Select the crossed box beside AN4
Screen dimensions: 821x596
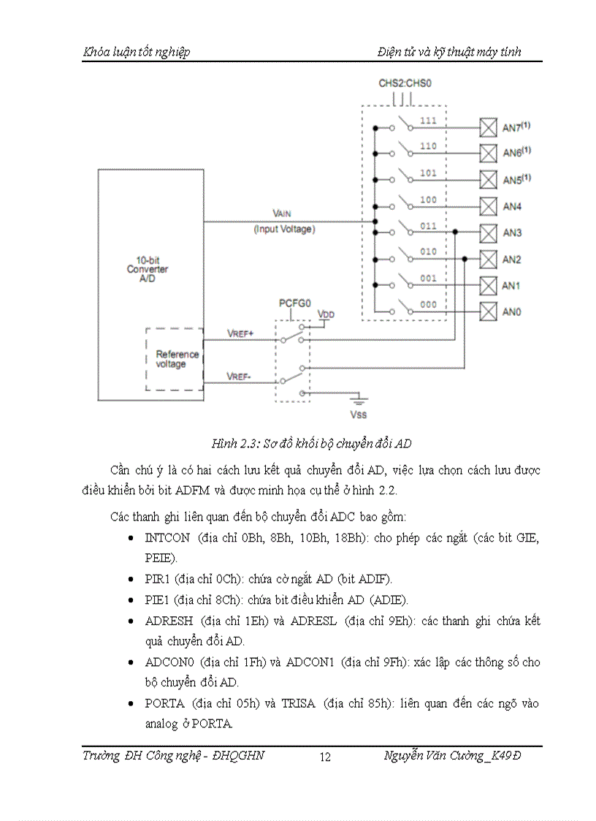[486, 205]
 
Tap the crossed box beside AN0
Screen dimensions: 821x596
[486, 311]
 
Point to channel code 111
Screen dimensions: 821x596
[428, 120]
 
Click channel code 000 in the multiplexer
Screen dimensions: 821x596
[428, 305]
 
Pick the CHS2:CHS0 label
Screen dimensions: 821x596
[405, 83]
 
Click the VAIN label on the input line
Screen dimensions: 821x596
[283, 213]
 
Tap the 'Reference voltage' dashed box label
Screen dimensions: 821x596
[177, 359]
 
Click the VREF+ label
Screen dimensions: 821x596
[240, 333]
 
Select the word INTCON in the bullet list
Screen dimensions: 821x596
[167, 537]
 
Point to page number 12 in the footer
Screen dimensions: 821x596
[325, 757]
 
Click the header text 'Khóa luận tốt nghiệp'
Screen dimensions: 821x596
[137, 52]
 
